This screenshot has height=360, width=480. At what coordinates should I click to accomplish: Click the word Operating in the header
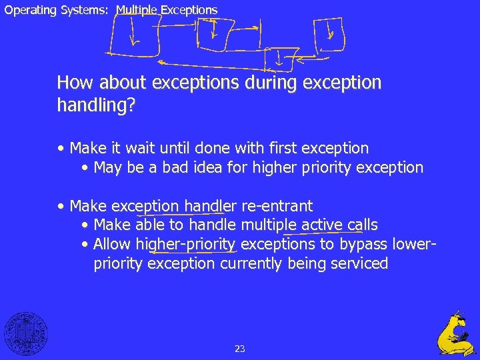[27, 10]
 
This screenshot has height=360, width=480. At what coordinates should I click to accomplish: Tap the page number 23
[240, 348]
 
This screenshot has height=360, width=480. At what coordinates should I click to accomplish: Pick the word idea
[203, 167]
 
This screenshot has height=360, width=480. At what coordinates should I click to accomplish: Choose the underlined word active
[323, 225]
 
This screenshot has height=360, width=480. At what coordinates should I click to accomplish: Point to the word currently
[251, 263]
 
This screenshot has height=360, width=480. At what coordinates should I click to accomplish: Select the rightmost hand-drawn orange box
[331, 33]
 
